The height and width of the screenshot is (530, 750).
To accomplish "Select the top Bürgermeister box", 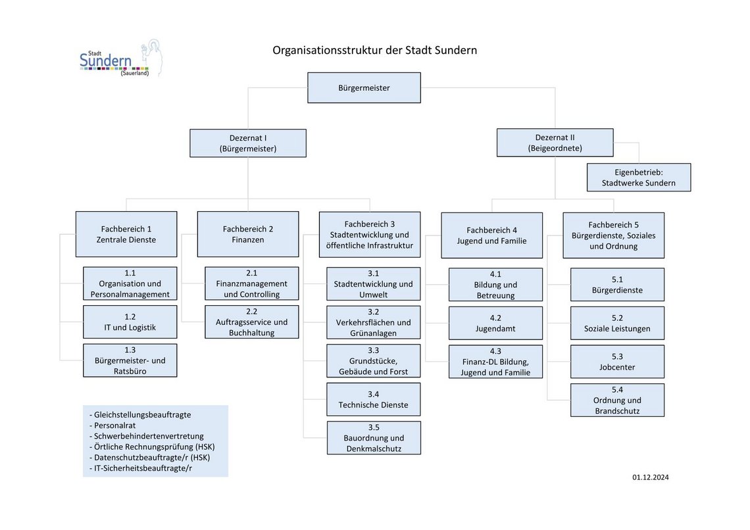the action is (364, 88).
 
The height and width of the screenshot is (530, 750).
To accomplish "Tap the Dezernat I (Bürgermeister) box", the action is (248, 143).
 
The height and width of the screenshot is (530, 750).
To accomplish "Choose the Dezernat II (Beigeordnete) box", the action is (555, 143).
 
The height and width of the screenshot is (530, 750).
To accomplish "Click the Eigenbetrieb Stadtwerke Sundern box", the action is (639, 178).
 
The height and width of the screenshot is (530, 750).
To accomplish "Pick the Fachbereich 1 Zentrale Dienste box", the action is (126, 234).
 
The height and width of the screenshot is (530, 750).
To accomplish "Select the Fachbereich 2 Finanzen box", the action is (248, 234).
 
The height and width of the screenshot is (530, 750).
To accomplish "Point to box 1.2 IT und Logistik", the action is (130, 322).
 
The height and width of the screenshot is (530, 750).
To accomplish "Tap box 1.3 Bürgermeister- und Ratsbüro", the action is (130, 360).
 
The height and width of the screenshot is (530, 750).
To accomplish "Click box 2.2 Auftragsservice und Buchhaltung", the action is (251, 322).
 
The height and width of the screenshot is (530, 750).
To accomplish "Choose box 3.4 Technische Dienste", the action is (374, 400).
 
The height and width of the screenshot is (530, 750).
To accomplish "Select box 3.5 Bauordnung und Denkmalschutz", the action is (374, 438).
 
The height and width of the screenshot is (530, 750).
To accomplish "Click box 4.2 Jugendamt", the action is (495, 324).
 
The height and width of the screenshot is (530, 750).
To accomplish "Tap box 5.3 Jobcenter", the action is (617, 362).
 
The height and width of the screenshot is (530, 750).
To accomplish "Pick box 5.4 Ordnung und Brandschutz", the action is (617, 400).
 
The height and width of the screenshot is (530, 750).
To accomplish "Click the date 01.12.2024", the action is (651, 477).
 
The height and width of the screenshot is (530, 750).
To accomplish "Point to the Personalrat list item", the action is (113, 425).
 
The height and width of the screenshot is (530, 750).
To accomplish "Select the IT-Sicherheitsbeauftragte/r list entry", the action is (141, 468).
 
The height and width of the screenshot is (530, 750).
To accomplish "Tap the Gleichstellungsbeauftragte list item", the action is (140, 415).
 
